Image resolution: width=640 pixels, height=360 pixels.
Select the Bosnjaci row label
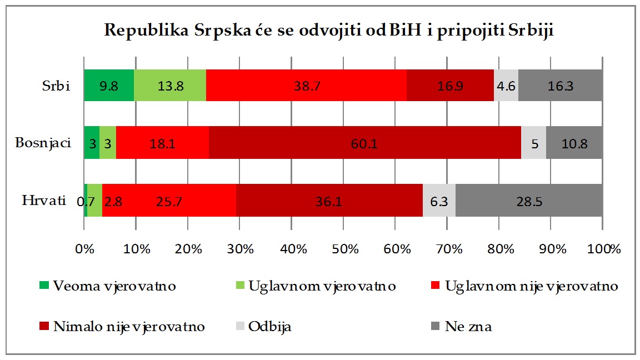click(x=43, y=143)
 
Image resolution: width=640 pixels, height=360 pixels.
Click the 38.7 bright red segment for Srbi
click(x=306, y=86)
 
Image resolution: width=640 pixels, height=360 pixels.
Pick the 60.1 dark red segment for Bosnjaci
click(x=364, y=143)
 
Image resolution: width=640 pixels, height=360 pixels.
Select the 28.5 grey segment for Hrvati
click(x=529, y=200)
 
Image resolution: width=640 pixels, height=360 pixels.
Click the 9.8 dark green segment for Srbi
click(x=109, y=86)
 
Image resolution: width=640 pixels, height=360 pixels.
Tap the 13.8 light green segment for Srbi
click(x=170, y=86)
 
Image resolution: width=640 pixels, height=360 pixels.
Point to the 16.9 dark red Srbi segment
click(x=450, y=86)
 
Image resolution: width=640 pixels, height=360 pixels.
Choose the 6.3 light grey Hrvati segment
click(x=439, y=200)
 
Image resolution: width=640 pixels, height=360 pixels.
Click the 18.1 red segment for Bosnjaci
click(x=162, y=143)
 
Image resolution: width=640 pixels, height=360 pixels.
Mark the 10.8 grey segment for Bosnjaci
click(x=574, y=143)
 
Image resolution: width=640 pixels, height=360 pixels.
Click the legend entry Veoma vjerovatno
click(x=114, y=287)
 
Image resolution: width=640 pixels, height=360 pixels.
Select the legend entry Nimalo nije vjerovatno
click(x=129, y=327)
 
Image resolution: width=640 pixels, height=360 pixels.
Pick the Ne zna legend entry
click(x=468, y=327)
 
